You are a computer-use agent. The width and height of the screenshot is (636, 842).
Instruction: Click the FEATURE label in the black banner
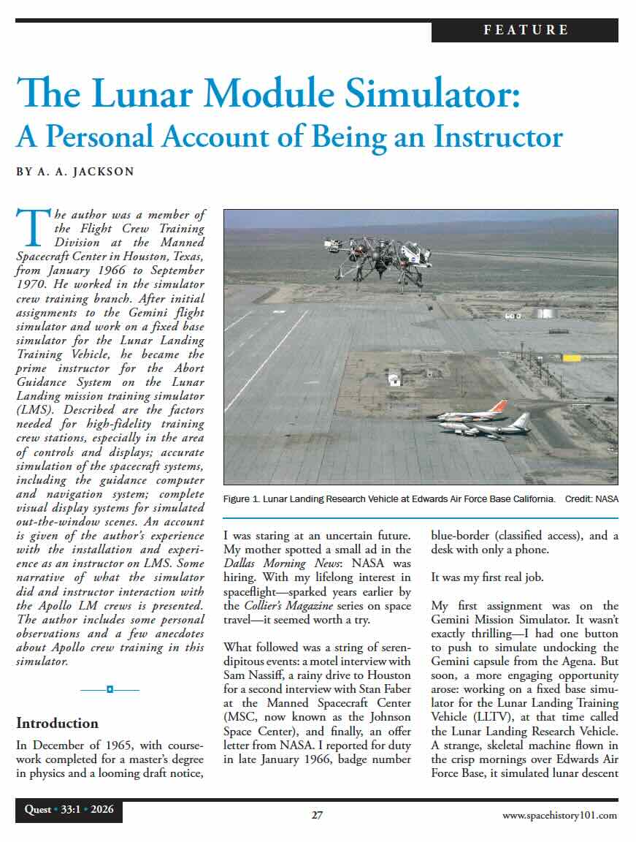(x=525, y=30)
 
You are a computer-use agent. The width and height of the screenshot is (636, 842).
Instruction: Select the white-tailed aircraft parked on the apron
(x=497, y=424)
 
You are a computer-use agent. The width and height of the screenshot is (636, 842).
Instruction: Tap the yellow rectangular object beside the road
(x=571, y=357)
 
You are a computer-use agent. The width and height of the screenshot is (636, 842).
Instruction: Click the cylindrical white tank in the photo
(x=545, y=313)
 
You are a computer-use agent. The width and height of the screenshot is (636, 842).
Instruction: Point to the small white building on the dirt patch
(x=394, y=379)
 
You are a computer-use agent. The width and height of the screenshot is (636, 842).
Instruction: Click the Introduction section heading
(x=57, y=724)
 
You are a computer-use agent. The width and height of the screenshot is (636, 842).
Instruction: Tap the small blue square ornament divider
(x=110, y=689)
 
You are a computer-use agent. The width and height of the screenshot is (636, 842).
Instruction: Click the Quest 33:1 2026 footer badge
(x=69, y=810)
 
